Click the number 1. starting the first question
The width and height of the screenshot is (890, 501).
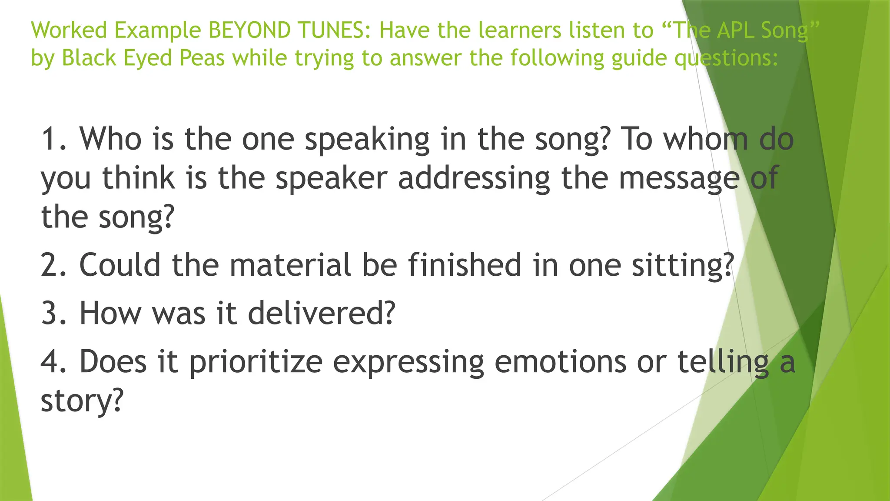(54, 139)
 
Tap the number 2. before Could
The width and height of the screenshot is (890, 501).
(54, 265)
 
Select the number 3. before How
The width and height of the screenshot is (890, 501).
(54, 313)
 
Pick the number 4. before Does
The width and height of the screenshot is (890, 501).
(54, 362)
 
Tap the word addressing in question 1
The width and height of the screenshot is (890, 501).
(474, 179)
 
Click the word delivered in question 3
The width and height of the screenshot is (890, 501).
(322, 313)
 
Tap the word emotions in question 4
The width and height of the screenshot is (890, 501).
(560, 362)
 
